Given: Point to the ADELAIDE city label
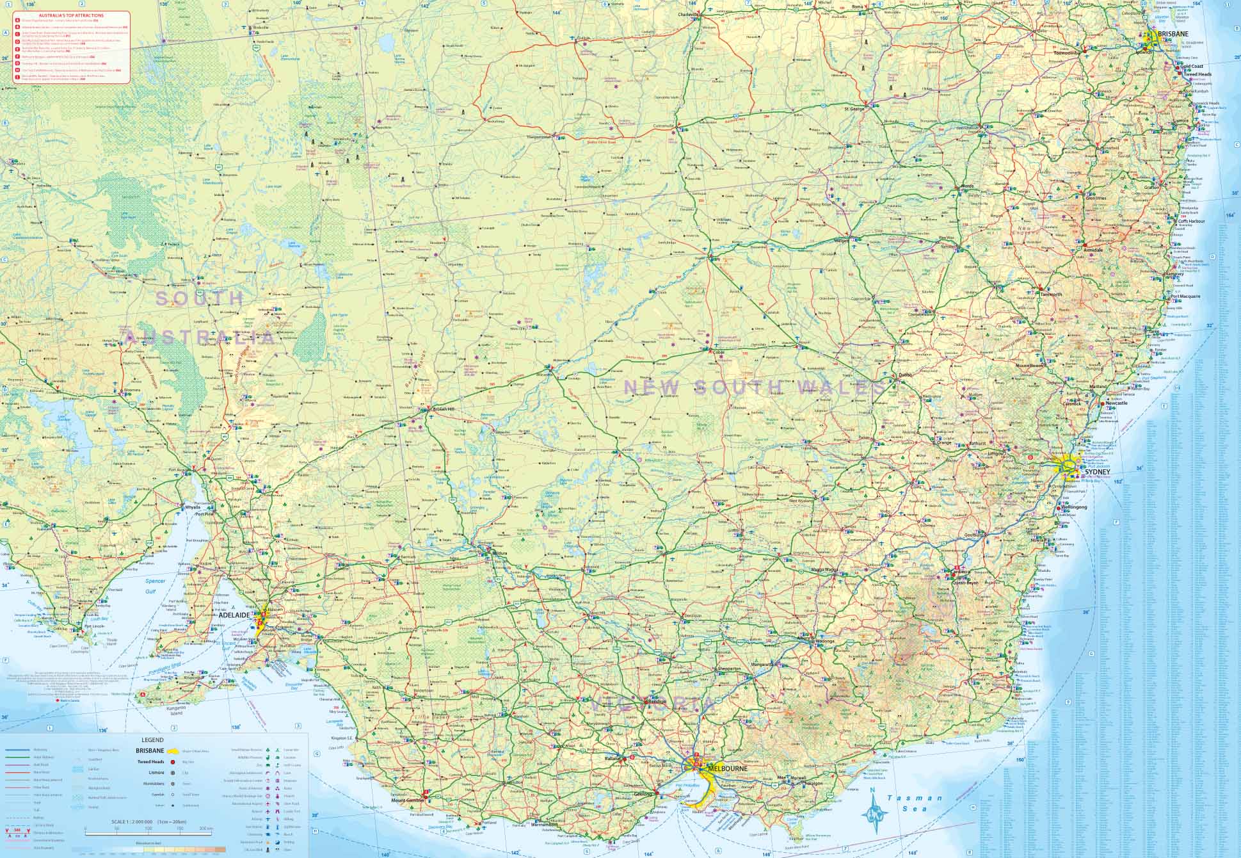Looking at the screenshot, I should tap(235, 615).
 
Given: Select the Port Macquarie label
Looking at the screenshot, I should tap(1185, 296).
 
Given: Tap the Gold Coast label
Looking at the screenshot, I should tap(1192, 67).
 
